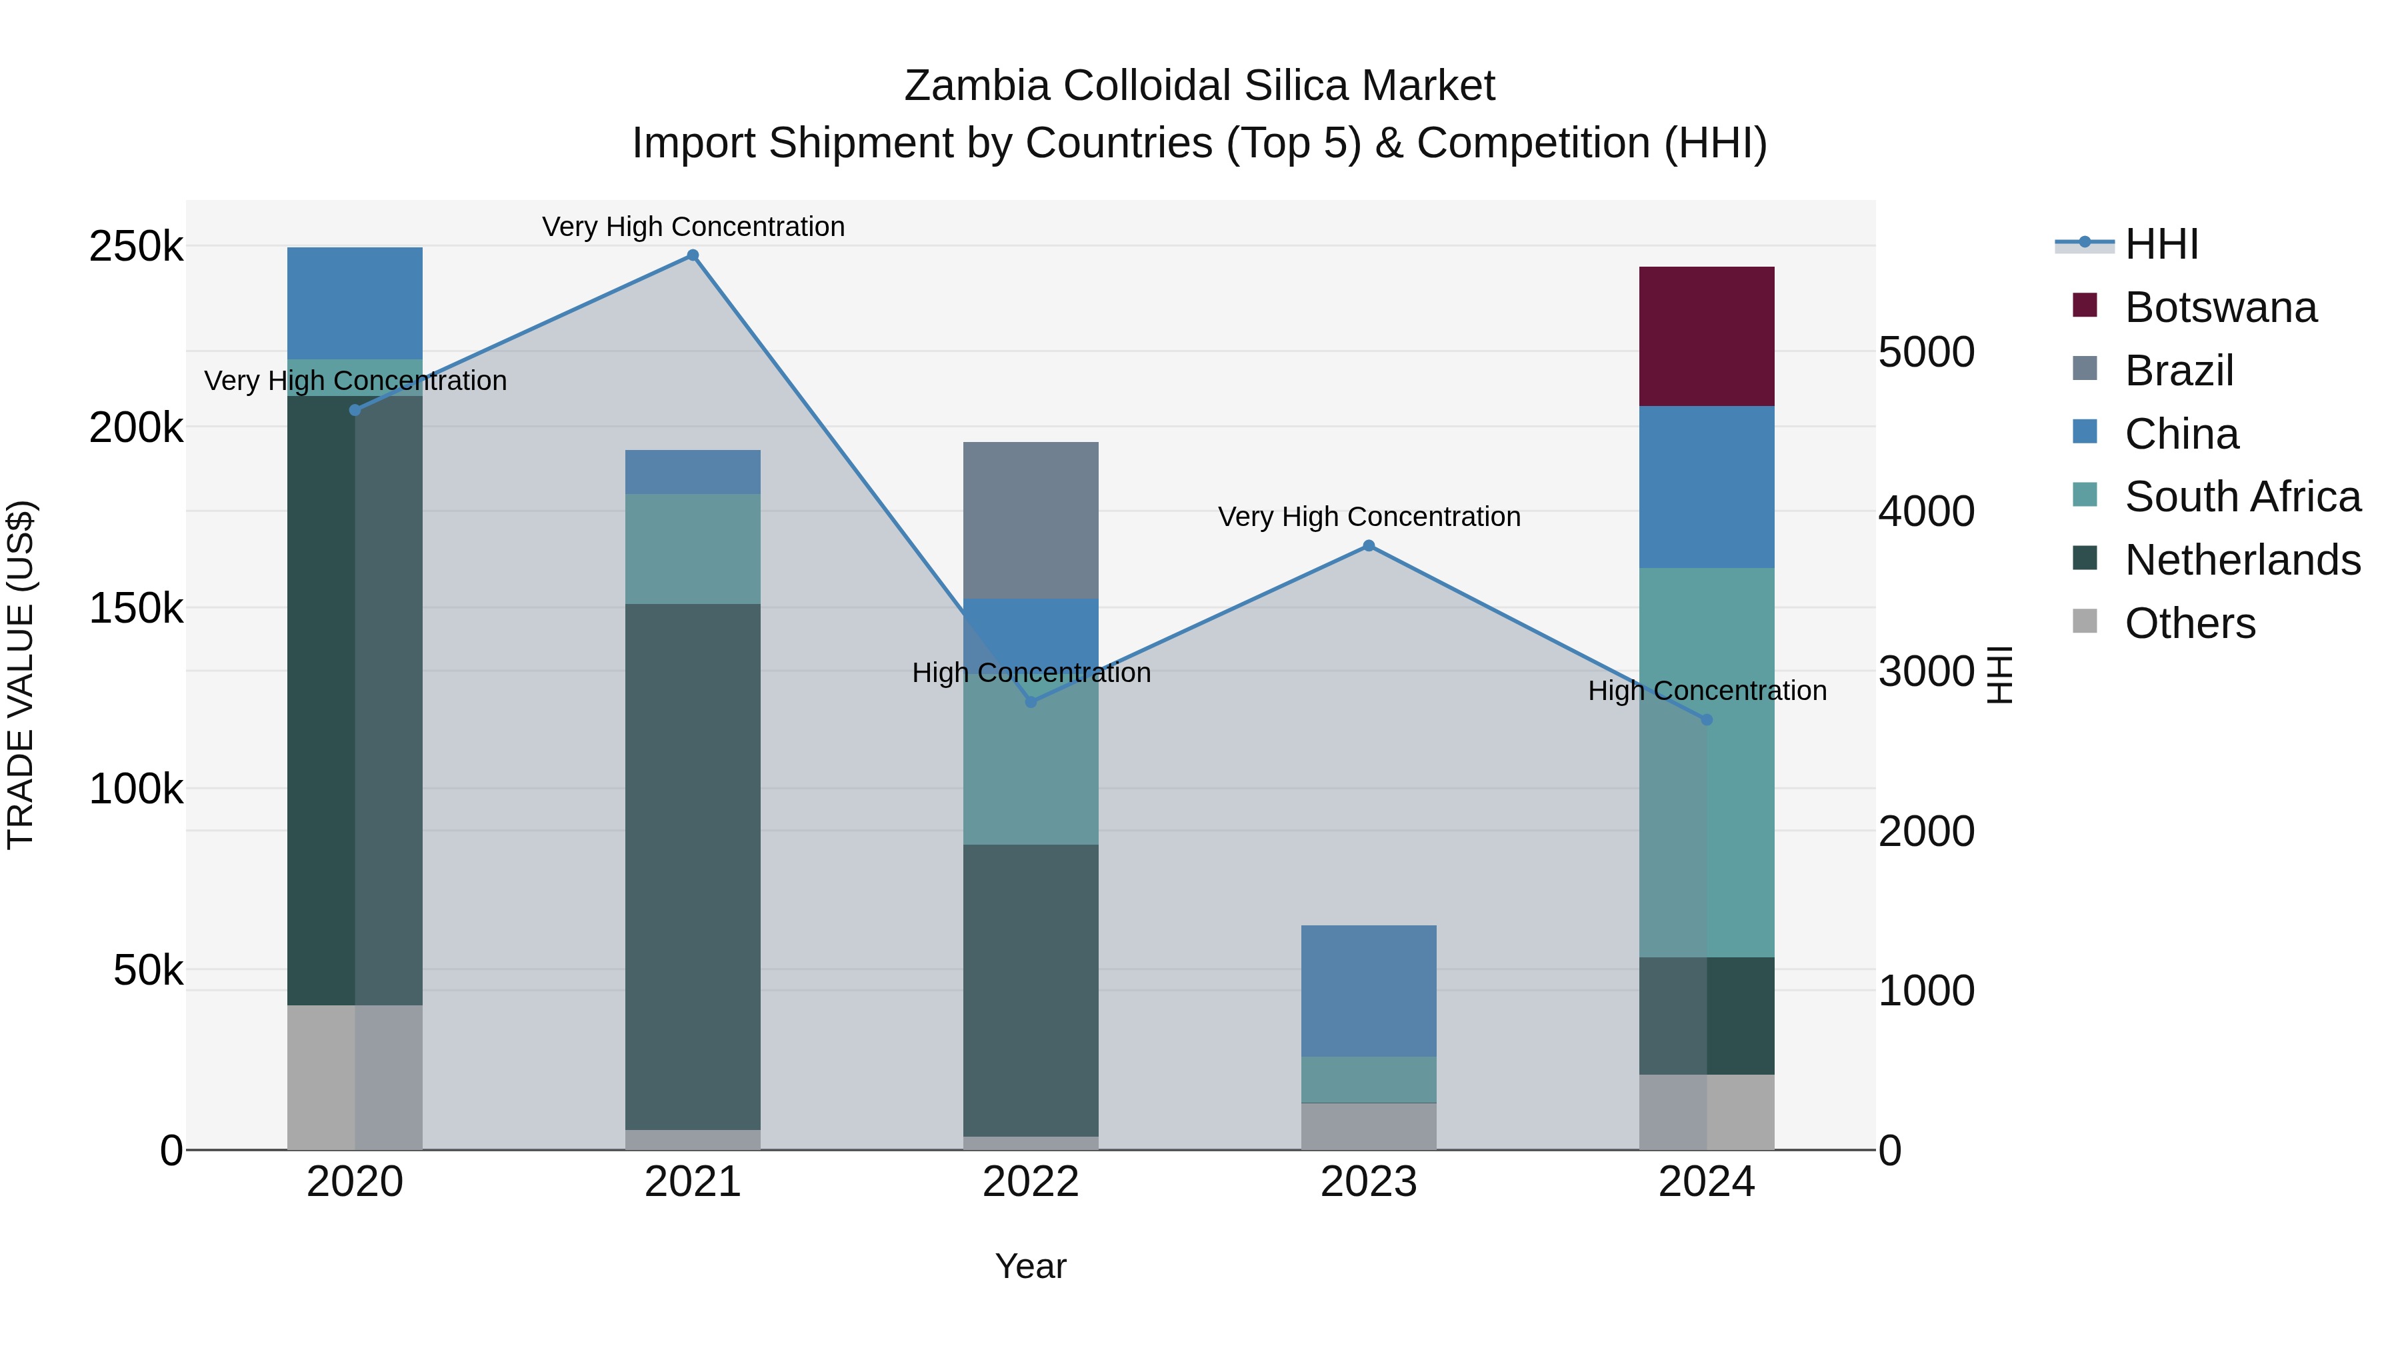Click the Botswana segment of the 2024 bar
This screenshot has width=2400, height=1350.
[x=1706, y=337]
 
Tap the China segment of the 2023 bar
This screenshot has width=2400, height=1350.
[x=1368, y=991]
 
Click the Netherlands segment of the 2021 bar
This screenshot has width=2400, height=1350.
[x=692, y=867]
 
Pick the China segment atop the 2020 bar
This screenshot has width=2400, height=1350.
[x=354, y=303]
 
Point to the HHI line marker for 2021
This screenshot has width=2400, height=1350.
[x=692, y=255]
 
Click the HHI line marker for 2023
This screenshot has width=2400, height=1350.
[x=1369, y=546]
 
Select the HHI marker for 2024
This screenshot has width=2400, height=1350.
[x=1707, y=719]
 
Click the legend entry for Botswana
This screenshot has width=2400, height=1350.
[x=2220, y=307]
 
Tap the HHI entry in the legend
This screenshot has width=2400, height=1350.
[x=2161, y=244]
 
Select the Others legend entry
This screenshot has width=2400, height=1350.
[x=2189, y=623]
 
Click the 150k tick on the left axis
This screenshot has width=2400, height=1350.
[x=136, y=609]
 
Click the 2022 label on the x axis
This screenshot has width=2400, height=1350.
[x=1031, y=1182]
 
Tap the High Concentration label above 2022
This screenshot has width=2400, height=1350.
[x=1031, y=673]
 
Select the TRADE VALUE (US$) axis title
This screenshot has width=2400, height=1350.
[x=21, y=675]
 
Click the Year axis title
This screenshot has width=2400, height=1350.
[x=1031, y=1266]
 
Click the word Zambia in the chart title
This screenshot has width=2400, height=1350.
[x=977, y=86]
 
